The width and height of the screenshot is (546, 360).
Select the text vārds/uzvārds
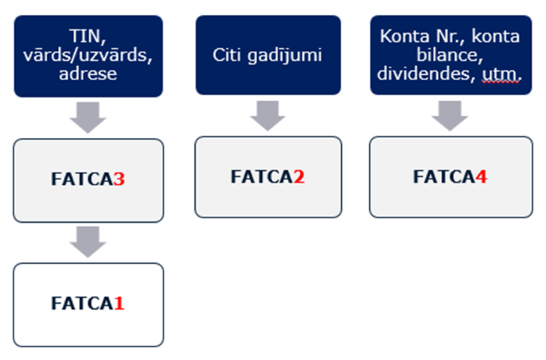click(88, 55)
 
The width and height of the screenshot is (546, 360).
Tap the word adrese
click(88, 74)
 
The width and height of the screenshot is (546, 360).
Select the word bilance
click(450, 55)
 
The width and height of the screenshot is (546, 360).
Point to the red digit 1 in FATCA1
click(118, 304)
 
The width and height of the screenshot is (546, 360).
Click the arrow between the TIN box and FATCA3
click(88, 116)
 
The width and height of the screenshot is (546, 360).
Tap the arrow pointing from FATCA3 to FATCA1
click(88, 241)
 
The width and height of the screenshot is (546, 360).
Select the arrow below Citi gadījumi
click(268, 113)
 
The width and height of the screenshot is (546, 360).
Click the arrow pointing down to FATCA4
click(449, 114)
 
